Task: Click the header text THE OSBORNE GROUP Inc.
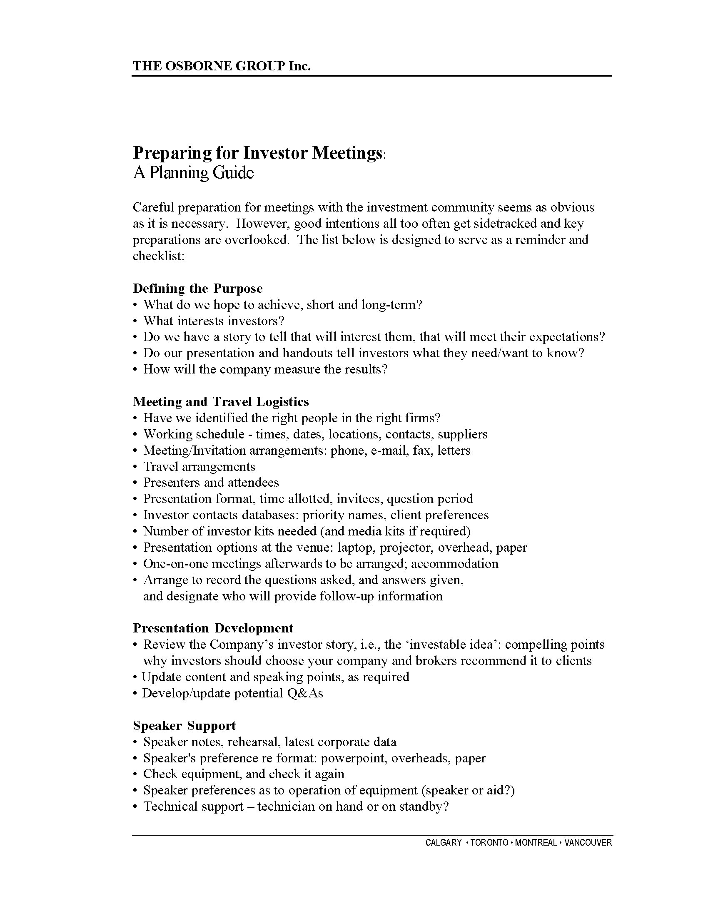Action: coord(222,66)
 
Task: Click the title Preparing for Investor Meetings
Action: coord(257,153)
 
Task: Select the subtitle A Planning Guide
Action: coord(193,173)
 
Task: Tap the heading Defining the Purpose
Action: coord(197,288)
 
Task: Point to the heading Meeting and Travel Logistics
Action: coord(221,401)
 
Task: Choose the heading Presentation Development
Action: coord(213,628)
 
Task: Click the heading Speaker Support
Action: coord(184,725)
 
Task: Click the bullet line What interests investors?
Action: coord(214,321)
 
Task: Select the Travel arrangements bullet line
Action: coord(199,466)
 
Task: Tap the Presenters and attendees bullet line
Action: coord(211,482)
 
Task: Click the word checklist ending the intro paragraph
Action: coord(158,256)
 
